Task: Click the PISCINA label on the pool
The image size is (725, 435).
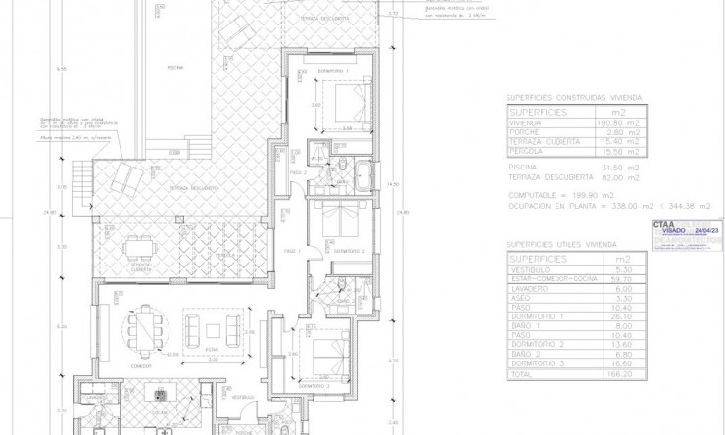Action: (x=174, y=68)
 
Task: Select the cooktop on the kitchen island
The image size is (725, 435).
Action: (x=159, y=394)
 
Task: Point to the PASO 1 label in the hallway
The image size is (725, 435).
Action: (x=291, y=252)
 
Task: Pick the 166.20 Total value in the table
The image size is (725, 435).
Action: (x=607, y=373)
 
